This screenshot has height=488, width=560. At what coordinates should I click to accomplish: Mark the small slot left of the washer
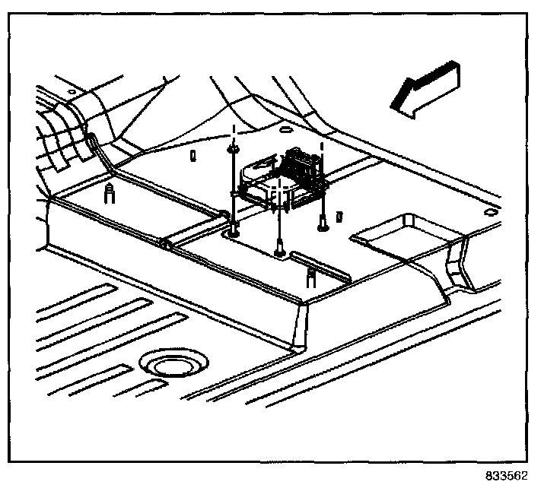(x=193, y=156)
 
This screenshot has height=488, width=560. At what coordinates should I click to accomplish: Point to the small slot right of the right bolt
(x=338, y=217)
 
